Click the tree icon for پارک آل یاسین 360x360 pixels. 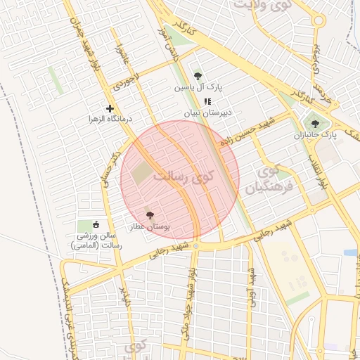(x=198, y=77)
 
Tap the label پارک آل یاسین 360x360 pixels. (x=199, y=88)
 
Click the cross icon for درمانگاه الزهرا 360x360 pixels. (x=110, y=108)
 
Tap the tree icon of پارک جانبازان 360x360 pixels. (x=314, y=124)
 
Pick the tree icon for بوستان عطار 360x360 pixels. (x=149, y=215)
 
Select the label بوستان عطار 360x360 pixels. (x=150, y=226)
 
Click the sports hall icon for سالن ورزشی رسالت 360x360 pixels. (x=96, y=225)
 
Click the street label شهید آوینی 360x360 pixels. (x=250, y=285)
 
